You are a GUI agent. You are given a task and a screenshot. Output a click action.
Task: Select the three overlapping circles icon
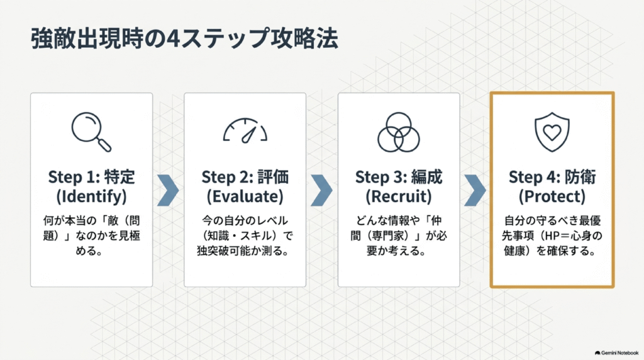(x=398, y=132)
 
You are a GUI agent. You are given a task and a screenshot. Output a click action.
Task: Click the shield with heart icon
(x=552, y=132)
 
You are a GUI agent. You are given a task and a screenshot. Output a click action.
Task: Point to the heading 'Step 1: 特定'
(x=91, y=177)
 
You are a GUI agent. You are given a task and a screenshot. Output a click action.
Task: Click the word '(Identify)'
(x=91, y=196)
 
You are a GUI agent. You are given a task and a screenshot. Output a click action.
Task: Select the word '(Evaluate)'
(x=245, y=196)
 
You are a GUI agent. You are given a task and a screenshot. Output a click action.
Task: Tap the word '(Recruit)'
(x=398, y=196)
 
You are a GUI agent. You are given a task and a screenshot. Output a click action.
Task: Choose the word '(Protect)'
(x=552, y=196)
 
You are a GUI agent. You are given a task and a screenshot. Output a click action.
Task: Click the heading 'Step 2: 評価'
(x=245, y=177)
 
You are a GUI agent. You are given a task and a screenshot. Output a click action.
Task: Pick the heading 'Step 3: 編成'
(x=398, y=177)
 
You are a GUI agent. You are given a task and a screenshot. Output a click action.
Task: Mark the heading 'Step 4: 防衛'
(x=552, y=177)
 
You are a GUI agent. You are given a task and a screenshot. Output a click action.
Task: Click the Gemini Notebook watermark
(x=616, y=353)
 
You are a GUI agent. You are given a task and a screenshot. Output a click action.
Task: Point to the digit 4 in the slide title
(x=172, y=38)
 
